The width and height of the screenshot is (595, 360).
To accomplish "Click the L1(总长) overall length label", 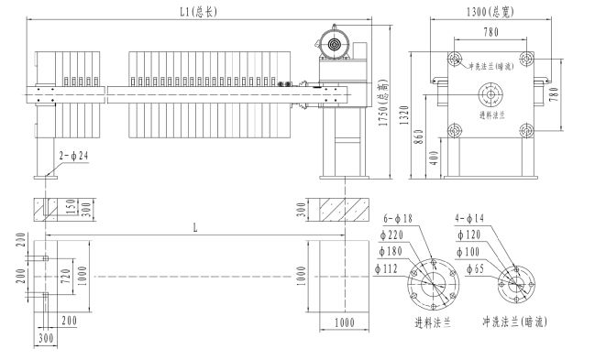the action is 198,12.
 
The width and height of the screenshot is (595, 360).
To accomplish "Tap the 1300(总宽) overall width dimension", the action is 490,12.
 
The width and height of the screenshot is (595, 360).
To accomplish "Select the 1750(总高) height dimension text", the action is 384,103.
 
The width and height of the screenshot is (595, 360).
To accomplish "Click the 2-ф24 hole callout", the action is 74,156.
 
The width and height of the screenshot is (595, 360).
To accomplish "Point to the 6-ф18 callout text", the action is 398,219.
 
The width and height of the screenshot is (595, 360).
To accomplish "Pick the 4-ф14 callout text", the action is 469,218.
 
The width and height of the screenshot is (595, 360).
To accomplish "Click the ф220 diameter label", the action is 391,235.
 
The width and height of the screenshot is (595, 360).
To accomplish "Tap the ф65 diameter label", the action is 476,269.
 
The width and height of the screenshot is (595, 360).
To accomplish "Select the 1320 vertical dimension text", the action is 405,115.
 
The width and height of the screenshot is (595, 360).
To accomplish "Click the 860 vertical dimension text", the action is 419,136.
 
